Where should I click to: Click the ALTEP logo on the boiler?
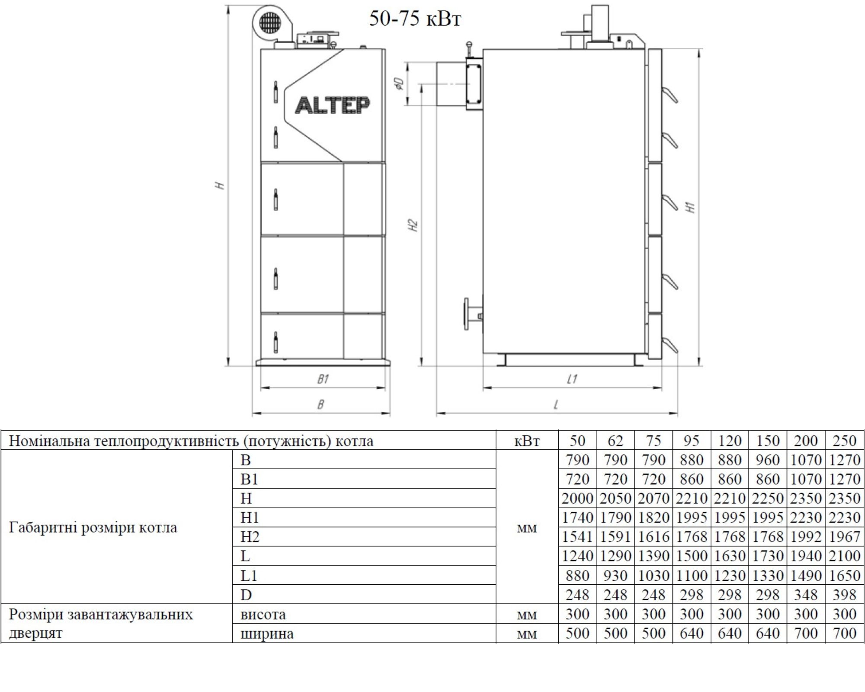point(332,105)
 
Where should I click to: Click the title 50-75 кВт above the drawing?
point(415,19)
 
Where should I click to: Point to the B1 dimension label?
point(323,379)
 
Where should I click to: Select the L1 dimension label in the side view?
point(572,379)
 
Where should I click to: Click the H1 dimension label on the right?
point(691,207)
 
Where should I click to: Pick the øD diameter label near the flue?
point(399,83)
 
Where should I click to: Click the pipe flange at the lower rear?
point(467,314)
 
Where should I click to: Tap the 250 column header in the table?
point(844,441)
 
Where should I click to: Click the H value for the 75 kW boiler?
point(653,498)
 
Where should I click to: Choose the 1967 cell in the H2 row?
point(844,537)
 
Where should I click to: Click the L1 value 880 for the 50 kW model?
point(577,575)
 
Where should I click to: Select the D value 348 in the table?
point(806,595)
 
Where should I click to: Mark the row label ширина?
point(267,634)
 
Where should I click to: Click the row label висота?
point(263,614)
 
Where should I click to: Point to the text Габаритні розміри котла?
point(93,528)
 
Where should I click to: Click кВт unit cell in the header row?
point(527,441)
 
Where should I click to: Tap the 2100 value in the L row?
point(844,556)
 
